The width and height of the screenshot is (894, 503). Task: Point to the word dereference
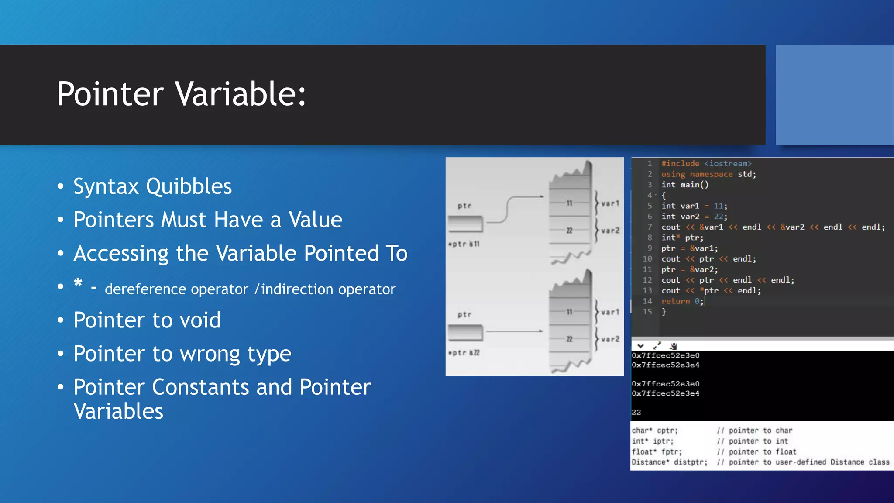(x=176, y=289)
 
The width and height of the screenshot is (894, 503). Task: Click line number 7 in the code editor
(x=650, y=227)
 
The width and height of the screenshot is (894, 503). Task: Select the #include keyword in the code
(x=680, y=163)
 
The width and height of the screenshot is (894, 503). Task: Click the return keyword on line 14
(x=675, y=301)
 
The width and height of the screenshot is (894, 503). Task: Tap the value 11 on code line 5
(x=719, y=206)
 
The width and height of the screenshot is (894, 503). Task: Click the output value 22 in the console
(x=636, y=412)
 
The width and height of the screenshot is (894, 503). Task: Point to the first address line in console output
(x=665, y=355)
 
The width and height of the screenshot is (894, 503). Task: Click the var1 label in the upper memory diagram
(x=610, y=203)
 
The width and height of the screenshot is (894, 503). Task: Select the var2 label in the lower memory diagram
(x=610, y=339)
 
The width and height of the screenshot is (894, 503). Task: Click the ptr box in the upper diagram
(x=465, y=224)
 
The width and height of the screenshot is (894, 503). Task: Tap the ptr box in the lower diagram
(x=465, y=333)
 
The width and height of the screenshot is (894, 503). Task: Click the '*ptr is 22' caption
(x=464, y=353)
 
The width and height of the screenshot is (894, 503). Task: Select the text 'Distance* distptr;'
(x=669, y=462)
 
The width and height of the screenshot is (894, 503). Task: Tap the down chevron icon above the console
(x=640, y=346)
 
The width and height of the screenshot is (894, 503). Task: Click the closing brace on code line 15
(x=664, y=312)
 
